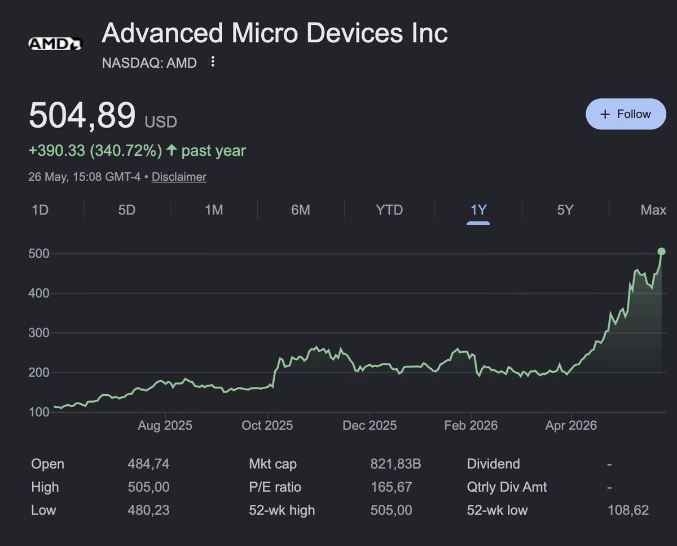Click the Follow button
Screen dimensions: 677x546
tap(626, 114)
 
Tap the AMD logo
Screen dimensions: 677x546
tap(55, 44)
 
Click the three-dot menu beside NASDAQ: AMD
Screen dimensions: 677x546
tap(213, 62)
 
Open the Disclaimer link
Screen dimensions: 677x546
tap(179, 177)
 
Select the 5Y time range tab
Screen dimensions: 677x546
tap(565, 209)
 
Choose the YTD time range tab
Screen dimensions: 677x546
tap(389, 209)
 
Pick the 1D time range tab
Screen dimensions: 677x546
tap(40, 209)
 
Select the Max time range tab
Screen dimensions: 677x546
tap(653, 209)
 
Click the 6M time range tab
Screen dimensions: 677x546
tap(301, 209)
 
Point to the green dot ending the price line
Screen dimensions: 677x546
tap(661, 251)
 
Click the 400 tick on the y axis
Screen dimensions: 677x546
tap(39, 293)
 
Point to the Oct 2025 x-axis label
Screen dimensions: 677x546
tap(267, 425)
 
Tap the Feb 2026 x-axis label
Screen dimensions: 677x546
tap(471, 425)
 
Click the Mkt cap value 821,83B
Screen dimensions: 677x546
tap(395, 464)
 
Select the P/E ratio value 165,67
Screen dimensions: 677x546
tap(391, 487)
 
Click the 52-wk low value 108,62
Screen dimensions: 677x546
tap(628, 510)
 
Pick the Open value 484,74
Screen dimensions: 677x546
tap(148, 464)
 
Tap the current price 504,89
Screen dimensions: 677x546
tap(82, 115)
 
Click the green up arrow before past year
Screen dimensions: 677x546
tap(172, 150)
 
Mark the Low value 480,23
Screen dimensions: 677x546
tap(148, 510)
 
